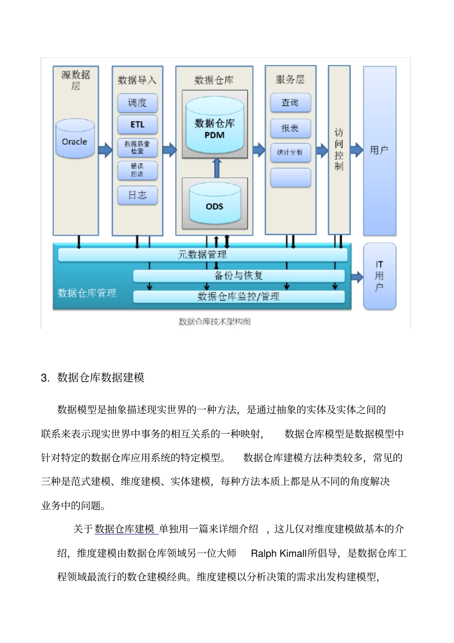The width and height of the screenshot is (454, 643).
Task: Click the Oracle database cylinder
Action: click(75, 139)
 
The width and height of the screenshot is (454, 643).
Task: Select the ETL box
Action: click(138, 124)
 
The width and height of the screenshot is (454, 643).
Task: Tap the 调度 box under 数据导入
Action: click(138, 103)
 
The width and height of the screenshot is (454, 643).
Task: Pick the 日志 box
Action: click(138, 195)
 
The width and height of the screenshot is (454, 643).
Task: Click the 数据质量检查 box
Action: click(138, 148)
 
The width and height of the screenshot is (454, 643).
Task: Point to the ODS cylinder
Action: click(215, 205)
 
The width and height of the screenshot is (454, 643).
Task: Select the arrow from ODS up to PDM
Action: click(217, 167)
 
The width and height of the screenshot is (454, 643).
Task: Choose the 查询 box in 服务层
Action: click(290, 103)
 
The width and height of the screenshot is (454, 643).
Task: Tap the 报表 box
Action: click(290, 128)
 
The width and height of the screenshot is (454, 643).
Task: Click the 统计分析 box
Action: click(290, 153)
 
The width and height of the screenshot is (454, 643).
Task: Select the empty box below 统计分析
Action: click(290, 177)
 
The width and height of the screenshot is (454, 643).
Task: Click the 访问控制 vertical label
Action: click(339, 149)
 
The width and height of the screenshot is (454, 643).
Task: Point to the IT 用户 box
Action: click(379, 276)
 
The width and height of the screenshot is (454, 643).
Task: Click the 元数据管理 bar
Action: click(203, 255)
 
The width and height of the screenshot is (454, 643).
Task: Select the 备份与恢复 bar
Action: click(238, 276)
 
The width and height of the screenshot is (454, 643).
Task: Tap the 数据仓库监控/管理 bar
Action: click(238, 297)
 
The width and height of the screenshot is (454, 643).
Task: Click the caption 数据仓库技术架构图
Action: click(215, 322)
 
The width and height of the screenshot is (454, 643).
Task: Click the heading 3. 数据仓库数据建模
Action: click(93, 378)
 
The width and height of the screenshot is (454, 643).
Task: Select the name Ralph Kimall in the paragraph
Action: click(279, 554)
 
